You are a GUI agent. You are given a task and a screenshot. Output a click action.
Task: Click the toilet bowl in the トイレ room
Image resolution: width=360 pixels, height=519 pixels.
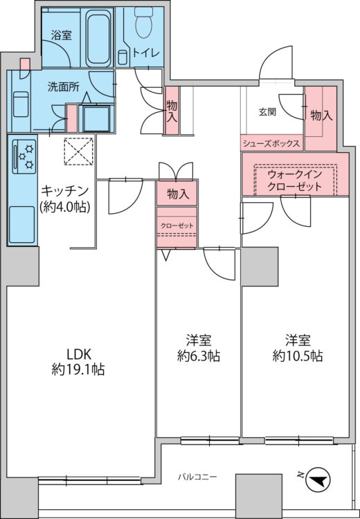[143, 22]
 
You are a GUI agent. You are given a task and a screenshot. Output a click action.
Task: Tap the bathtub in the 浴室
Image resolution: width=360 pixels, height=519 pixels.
[98, 38]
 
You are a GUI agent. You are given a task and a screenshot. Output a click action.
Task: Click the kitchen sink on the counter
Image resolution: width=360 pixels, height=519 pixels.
[22, 224]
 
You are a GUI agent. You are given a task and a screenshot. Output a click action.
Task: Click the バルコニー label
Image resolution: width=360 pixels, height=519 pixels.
[197, 477]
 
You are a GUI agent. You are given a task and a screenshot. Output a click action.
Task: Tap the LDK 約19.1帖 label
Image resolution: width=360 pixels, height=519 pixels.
[78, 361]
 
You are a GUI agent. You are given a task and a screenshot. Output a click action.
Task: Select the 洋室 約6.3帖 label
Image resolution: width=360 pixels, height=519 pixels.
[199, 348]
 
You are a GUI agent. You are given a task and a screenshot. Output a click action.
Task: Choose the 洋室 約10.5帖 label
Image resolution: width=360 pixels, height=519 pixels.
[298, 348]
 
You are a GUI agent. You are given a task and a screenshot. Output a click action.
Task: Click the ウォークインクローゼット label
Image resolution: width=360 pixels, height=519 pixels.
[294, 181]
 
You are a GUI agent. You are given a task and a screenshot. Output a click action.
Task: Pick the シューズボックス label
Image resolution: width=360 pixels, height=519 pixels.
[271, 144]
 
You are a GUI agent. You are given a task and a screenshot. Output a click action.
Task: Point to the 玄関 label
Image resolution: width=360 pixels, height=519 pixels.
[267, 113]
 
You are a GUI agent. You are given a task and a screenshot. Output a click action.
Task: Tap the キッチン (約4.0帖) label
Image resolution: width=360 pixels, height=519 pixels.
[65, 199]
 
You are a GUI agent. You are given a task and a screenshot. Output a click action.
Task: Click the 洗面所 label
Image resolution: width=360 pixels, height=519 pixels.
[63, 87]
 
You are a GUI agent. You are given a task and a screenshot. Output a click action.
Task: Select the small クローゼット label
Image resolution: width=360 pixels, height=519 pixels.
[177, 226]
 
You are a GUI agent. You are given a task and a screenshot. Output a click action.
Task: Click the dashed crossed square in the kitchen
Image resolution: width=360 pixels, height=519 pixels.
[78, 152]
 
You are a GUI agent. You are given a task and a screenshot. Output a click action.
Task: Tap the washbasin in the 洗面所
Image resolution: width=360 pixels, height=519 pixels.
[21, 104]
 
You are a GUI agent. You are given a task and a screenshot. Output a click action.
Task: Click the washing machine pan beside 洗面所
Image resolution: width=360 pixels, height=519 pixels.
[97, 118]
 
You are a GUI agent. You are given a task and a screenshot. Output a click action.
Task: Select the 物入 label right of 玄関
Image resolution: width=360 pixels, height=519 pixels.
[321, 116]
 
